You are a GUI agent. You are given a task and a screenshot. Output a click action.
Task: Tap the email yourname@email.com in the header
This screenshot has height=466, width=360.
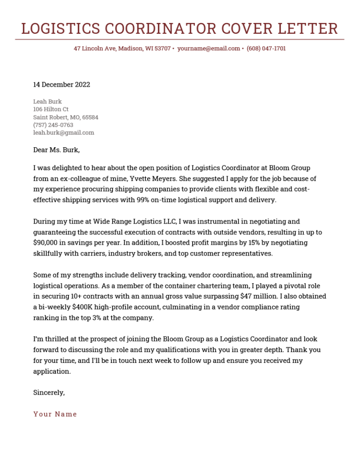click(x=209, y=49)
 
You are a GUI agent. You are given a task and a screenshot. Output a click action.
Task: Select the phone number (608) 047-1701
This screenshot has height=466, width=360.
click(x=266, y=49)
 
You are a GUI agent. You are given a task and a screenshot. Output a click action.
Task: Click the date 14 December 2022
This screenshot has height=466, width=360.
click(x=61, y=85)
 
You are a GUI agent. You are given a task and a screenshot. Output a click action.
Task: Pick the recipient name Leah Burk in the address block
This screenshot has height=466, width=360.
click(x=47, y=101)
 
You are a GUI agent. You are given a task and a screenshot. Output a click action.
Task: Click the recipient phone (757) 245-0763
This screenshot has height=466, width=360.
click(x=53, y=125)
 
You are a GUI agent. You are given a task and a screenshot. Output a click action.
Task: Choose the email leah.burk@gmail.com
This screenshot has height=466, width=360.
click(x=63, y=133)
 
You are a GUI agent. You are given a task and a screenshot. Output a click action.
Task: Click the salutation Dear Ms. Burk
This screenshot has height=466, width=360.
click(x=56, y=150)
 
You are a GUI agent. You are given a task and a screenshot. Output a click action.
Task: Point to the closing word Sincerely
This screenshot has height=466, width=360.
click(x=49, y=393)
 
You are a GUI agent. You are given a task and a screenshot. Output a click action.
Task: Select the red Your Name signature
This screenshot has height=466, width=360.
click(x=55, y=414)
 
